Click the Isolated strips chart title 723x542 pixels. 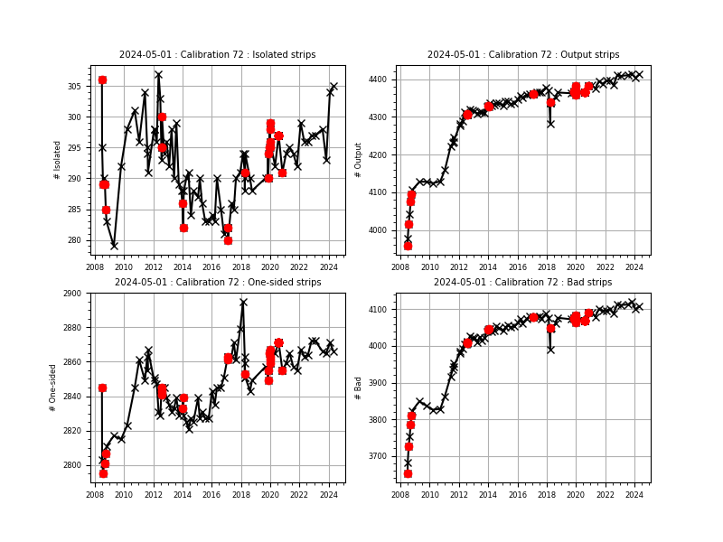click(x=217, y=55)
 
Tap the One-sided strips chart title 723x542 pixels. click(x=217, y=283)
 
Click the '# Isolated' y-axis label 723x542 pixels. click(x=58, y=159)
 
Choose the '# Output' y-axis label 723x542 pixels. click(x=359, y=159)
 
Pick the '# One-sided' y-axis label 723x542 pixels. click(x=54, y=387)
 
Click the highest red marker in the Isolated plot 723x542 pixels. click(x=102, y=79)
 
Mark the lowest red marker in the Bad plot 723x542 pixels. click(x=408, y=473)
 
